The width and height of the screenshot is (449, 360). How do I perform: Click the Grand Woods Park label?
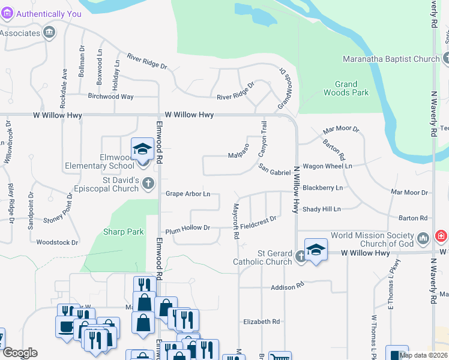point(346,88)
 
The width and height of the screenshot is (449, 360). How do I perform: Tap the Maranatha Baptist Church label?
point(391,59)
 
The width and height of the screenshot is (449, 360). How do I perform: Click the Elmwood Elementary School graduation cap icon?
point(143,148)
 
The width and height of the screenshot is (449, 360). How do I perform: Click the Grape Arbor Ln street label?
point(188,194)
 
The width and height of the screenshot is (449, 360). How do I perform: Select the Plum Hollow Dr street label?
point(188,228)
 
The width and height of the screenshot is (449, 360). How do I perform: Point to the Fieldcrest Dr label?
point(258,223)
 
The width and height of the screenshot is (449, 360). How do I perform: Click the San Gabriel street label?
point(275,171)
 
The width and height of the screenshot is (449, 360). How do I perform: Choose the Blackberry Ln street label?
point(322,188)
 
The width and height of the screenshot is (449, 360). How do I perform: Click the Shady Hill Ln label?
point(321,209)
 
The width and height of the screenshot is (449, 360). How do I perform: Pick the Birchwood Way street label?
point(111,96)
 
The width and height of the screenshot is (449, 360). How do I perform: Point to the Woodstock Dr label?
point(58,242)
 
